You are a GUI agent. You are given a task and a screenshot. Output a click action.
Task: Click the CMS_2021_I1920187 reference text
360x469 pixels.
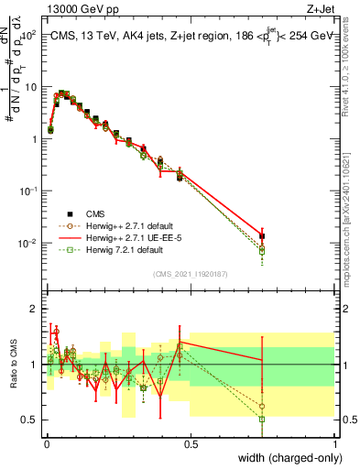(x=190, y=272)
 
